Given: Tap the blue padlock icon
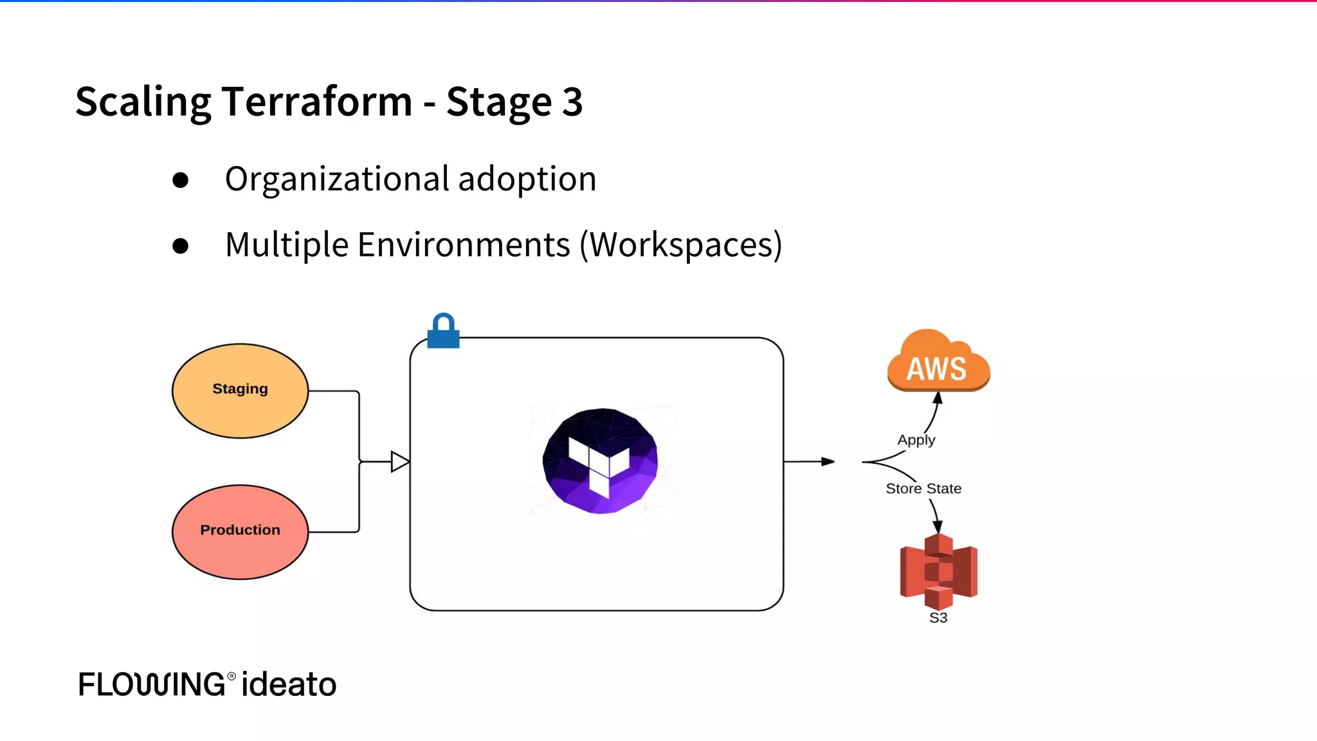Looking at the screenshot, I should click(443, 332).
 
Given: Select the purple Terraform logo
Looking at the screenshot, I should click(600, 461).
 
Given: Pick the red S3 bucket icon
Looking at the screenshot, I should click(938, 571).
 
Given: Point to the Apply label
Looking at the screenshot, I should click(916, 440).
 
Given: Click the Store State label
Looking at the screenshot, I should click(923, 489).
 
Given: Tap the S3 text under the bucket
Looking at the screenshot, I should click(938, 618).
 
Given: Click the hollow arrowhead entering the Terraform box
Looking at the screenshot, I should click(399, 462).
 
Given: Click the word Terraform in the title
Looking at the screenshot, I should click(316, 102).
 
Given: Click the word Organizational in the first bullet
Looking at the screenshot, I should click(337, 179).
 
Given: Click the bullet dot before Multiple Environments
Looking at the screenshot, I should click(181, 246).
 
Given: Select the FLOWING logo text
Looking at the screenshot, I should click(152, 684).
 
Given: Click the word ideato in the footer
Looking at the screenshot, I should click(289, 684).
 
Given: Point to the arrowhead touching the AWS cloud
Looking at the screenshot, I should click(938, 398).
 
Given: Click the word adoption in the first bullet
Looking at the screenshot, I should click(527, 179).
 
